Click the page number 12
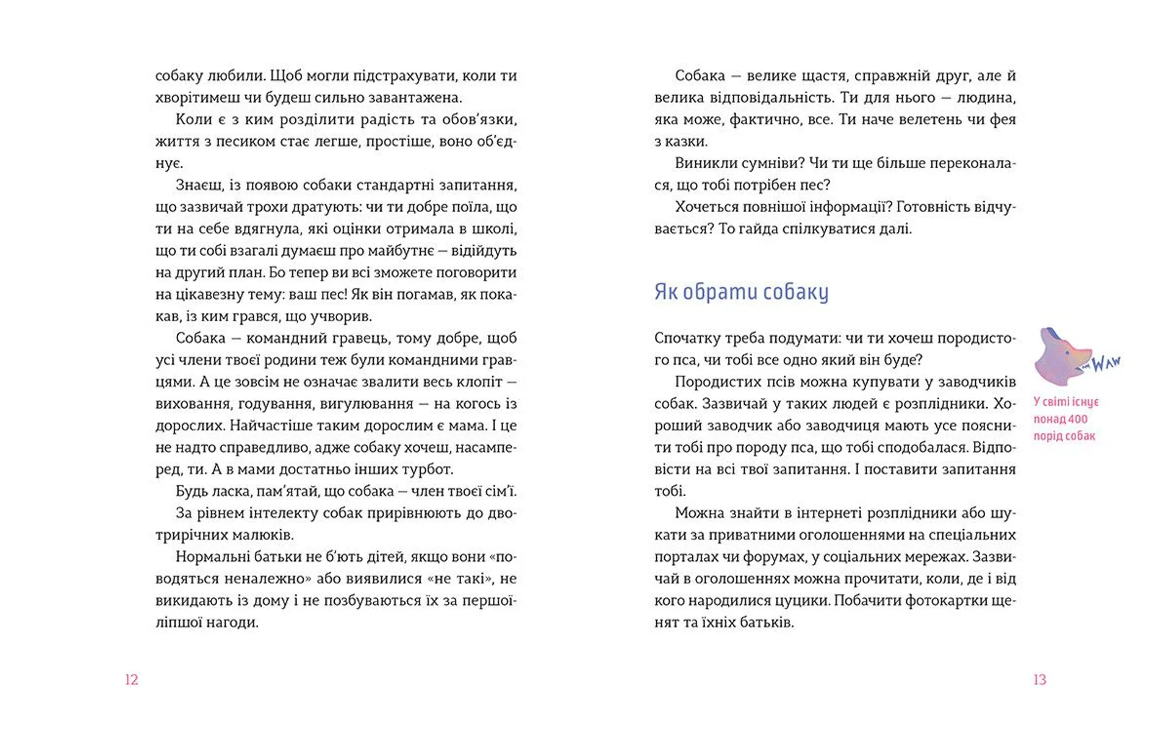point(132,680)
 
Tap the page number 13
point(1040,680)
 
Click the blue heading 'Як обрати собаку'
point(741,292)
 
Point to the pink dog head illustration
point(1061,357)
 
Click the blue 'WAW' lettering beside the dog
point(1105,363)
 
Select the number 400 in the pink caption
point(1078,419)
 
